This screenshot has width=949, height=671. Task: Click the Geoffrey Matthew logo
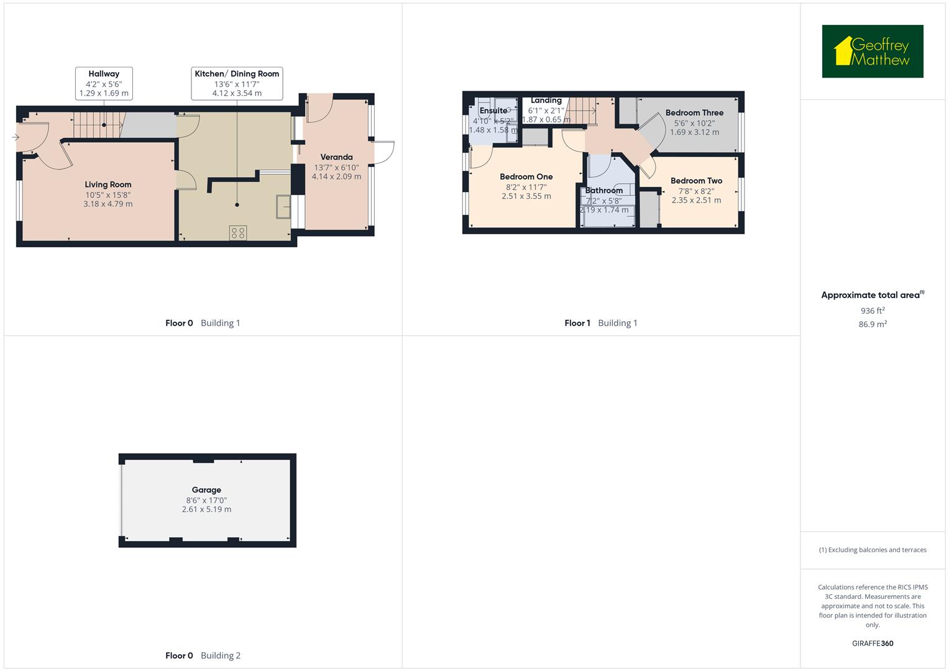click(x=873, y=52)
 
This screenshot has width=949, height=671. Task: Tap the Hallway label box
click(x=104, y=83)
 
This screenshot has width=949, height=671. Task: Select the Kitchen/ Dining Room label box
click(x=237, y=83)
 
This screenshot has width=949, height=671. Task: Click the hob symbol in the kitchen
click(x=238, y=233)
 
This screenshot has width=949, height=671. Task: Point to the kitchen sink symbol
click(x=283, y=206)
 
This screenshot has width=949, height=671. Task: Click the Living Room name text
click(x=108, y=185)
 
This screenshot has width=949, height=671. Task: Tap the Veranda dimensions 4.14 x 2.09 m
click(x=336, y=176)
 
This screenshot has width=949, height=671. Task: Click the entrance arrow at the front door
click(x=16, y=137)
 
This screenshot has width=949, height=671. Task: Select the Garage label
click(x=206, y=490)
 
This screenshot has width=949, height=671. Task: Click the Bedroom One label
click(x=526, y=176)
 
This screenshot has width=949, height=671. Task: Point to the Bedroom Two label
click(x=696, y=181)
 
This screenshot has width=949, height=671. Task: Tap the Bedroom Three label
click(x=694, y=112)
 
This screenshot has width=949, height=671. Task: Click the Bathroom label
click(x=603, y=191)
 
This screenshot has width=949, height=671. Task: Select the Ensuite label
click(x=493, y=111)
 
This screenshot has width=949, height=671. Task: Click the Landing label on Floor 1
click(x=546, y=100)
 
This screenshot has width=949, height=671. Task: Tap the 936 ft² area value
click(x=873, y=311)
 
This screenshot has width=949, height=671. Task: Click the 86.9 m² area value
click(x=873, y=324)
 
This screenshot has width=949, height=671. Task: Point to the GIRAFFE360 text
click(x=873, y=644)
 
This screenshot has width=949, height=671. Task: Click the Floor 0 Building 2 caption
click(x=203, y=655)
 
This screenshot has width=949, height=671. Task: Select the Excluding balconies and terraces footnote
click(x=873, y=550)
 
